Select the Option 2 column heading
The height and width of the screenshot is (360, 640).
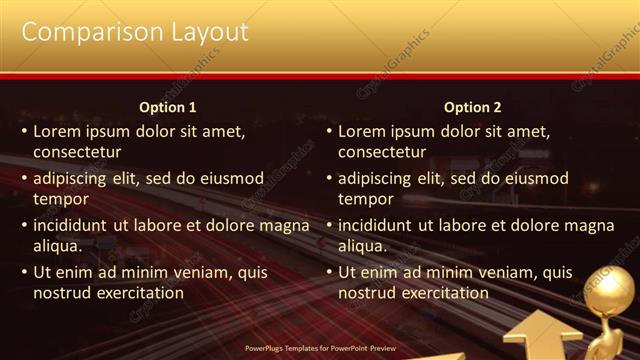pos(473,107)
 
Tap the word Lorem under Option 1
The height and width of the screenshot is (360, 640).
pos(56,131)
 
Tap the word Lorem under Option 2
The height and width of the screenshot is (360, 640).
pos(361,131)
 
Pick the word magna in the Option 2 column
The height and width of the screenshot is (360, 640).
pos(591,225)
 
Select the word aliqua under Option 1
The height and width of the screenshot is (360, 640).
pos(57,246)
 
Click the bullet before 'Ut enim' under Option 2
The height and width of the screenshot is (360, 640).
pos(327,272)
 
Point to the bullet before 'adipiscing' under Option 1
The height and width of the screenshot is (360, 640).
pos(22,179)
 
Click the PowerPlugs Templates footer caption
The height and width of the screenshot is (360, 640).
pos(320,348)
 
